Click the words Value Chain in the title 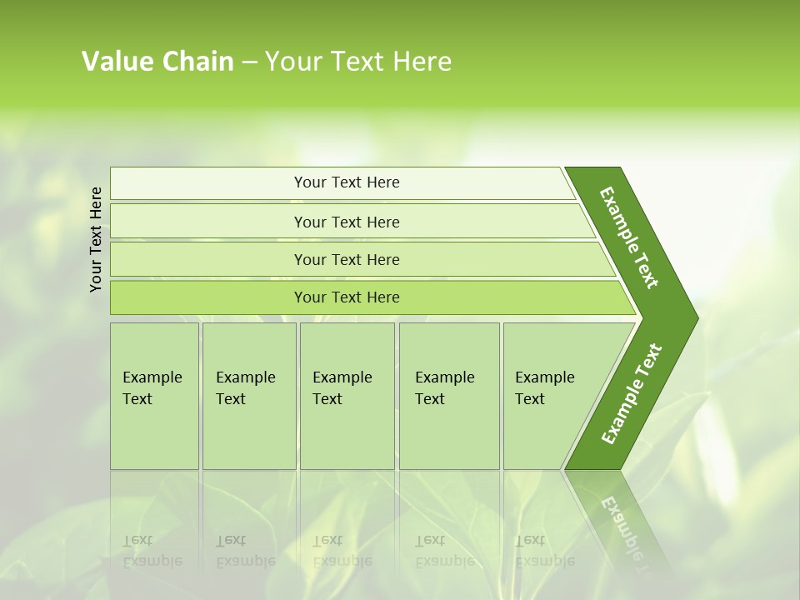[x=157, y=62]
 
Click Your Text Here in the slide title [x=358, y=62]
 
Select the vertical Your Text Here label [x=96, y=239]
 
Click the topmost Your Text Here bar [x=347, y=182]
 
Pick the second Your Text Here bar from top [x=347, y=222]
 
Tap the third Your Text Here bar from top [x=347, y=259]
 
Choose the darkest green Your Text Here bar [x=347, y=297]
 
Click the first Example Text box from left [x=154, y=396]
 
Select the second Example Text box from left [x=249, y=396]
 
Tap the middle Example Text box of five [x=347, y=396]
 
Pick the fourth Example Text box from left [x=449, y=396]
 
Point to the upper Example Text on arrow [x=629, y=237]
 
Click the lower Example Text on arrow [x=632, y=393]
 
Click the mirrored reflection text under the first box [x=152, y=551]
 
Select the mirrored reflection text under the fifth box [x=544, y=551]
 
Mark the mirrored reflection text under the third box [x=342, y=551]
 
